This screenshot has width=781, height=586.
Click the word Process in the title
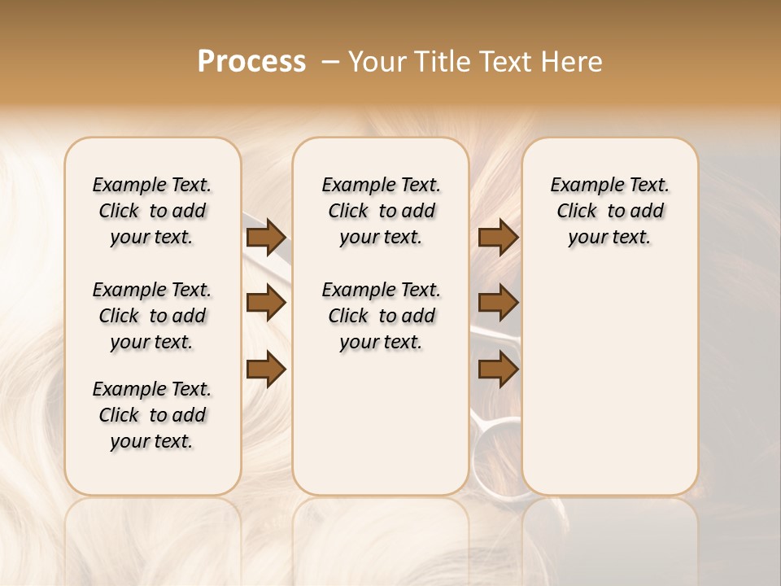coord(251,62)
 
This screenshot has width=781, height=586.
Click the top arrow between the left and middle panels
coord(266,238)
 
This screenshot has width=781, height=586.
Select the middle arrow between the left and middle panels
coord(266,304)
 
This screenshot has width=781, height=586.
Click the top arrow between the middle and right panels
coord(498,238)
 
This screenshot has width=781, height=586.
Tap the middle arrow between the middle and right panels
coord(498,304)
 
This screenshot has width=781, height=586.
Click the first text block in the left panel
coord(152,211)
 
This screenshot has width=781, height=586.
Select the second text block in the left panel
coord(152,316)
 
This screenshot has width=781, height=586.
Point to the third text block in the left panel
coord(152,415)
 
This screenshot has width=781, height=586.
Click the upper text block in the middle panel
coord(381,211)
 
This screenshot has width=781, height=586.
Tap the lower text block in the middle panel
coord(381,316)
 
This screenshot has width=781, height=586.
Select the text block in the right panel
coord(609,211)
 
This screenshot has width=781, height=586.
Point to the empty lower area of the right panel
coord(609,383)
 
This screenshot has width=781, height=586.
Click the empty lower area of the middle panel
coord(381,423)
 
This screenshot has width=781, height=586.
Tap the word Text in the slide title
coord(503,62)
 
